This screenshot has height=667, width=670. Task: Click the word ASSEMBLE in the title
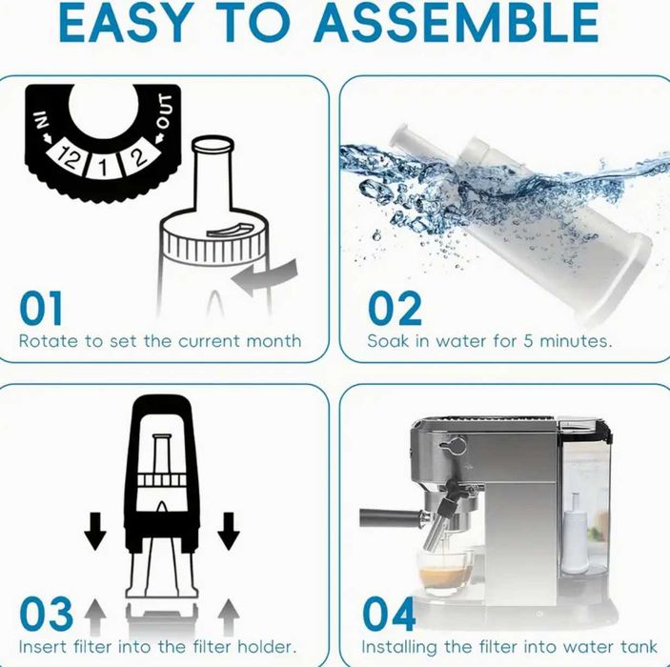tap(458, 22)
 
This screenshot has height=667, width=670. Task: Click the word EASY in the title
tap(124, 22)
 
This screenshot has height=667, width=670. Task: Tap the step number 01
tap(41, 309)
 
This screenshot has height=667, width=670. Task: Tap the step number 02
tap(395, 309)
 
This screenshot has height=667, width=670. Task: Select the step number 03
tap(46, 614)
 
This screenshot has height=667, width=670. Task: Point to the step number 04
tap(389, 614)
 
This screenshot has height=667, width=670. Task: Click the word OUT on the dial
tap(165, 111)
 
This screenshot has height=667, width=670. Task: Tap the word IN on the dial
tap(40, 120)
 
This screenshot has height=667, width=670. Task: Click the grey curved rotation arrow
tap(265, 277)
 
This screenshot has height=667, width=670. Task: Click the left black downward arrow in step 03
tap(95, 531)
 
